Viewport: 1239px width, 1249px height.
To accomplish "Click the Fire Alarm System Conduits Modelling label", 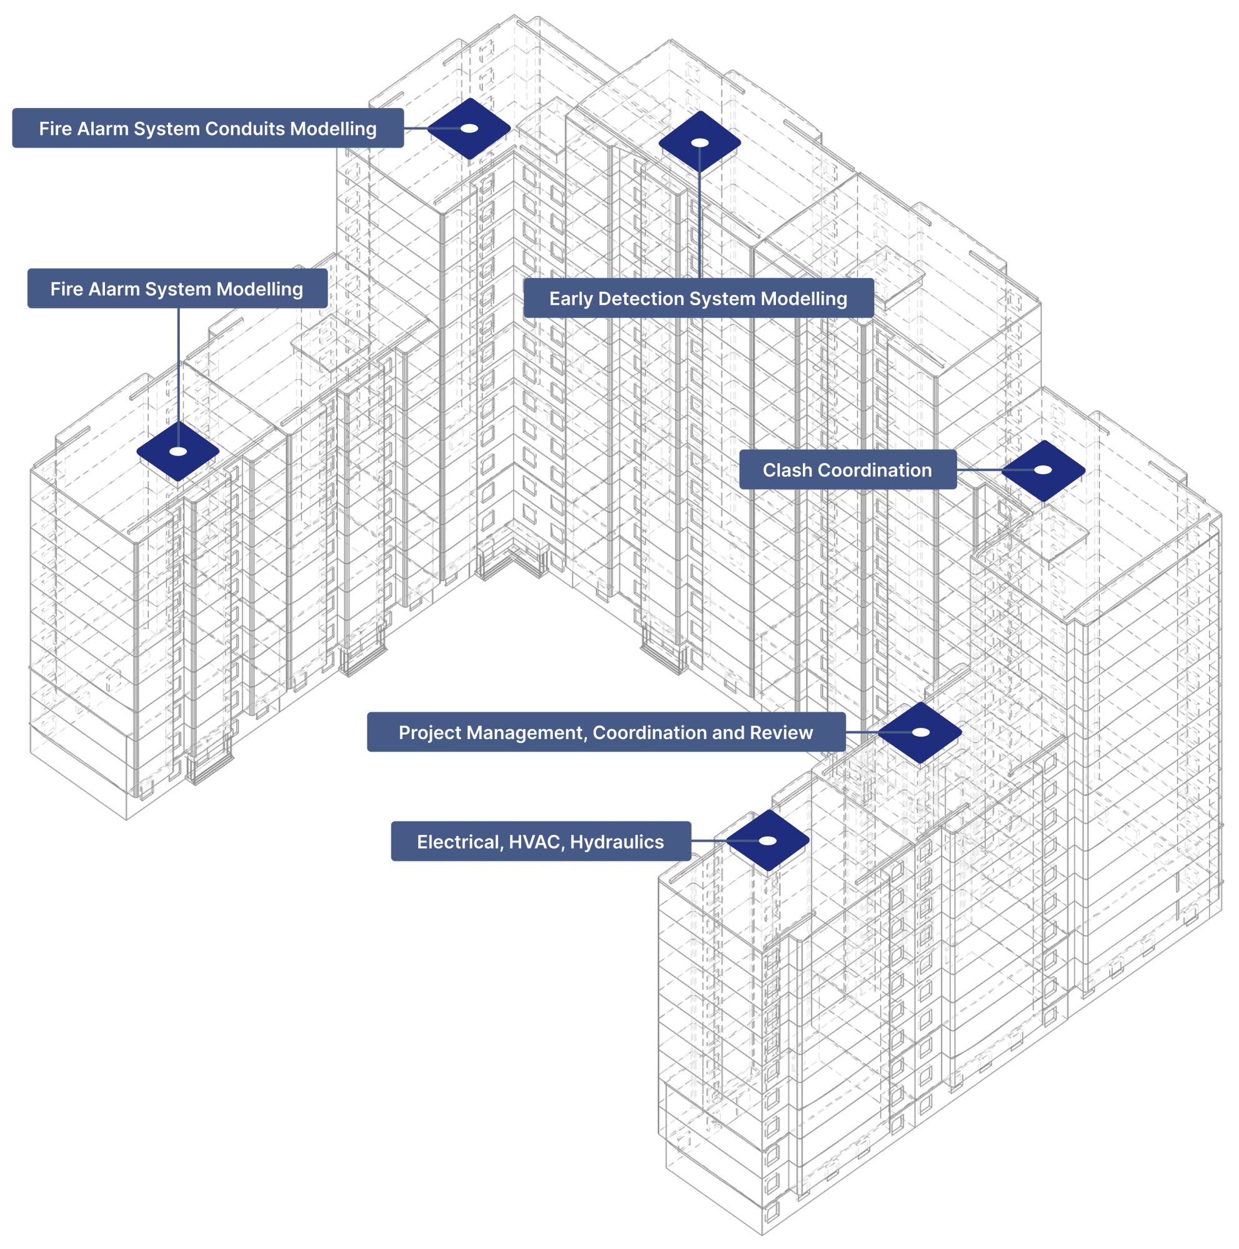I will [207, 129].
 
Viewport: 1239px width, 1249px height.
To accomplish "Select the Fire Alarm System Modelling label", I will [176, 289].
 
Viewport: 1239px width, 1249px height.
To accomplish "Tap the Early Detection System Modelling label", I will [698, 299].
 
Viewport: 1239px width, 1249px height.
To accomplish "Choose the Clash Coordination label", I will [847, 470].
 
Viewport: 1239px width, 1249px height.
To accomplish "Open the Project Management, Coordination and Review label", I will [605, 732].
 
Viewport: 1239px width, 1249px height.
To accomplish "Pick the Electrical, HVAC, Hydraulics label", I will [540, 842].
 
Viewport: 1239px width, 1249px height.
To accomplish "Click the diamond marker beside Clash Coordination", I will [1043, 470].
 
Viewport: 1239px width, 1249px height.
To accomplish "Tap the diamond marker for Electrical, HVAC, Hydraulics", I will [767, 840].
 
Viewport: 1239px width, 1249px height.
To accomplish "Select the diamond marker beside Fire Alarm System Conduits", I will [469, 128].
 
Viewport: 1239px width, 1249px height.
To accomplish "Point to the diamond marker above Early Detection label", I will [700, 142].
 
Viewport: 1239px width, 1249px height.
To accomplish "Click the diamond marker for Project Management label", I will [920, 732].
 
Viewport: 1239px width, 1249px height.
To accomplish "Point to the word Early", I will [570, 299].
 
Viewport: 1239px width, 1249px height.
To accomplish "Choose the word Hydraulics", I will [617, 842].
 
